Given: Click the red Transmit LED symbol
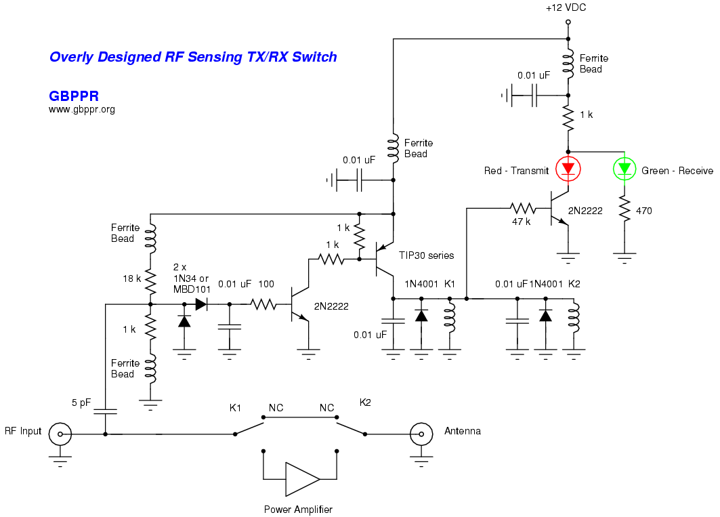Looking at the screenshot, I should coord(568,168).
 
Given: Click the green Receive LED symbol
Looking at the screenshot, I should coord(624,168).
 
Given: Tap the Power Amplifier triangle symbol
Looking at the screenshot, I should coord(301,479).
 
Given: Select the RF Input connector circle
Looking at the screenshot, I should coord(60,434).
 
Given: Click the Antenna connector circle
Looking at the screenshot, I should coord(421,434).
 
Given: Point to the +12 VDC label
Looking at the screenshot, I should coord(566,8).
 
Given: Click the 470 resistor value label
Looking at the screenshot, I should coord(644,211).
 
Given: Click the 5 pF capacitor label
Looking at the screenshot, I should coord(81,402).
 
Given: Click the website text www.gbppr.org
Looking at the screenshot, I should coord(82,109).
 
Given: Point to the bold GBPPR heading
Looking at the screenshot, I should coord(74,96).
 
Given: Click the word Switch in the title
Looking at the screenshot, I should coord(314,57).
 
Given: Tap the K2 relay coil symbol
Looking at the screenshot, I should coord(574,323).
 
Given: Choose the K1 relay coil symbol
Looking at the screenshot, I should coord(448,323).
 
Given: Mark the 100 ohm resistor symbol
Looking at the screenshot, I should coord(263,306).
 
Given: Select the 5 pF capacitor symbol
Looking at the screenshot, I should coord(105,410).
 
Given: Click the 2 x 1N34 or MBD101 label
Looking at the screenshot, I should coord(191,277).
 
